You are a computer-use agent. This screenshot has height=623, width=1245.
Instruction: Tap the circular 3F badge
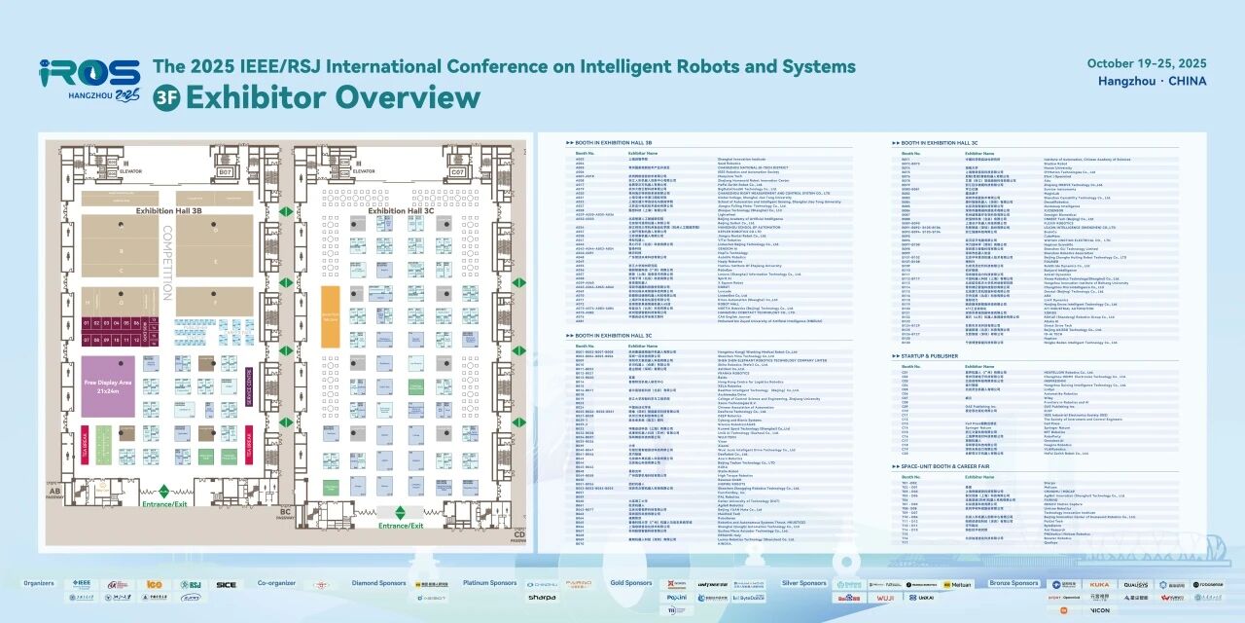pos(166,98)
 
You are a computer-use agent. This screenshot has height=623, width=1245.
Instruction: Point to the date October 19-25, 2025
pos(1147,63)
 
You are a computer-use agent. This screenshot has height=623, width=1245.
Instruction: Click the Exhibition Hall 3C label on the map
pos(401,210)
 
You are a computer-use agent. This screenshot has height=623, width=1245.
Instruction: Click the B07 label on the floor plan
pos(226,172)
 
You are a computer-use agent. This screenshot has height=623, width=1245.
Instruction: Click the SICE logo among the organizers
pos(226,585)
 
